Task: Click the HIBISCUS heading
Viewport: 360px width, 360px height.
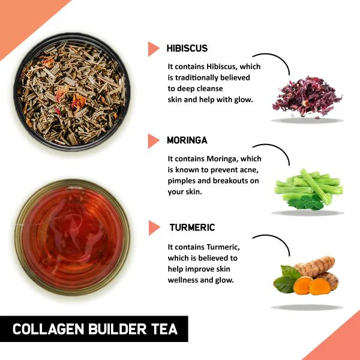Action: click(187, 48)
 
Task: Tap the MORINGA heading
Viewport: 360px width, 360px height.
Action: click(187, 140)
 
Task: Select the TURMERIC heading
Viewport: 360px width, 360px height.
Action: click(192, 228)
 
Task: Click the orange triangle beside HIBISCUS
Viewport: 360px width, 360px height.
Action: click(153, 49)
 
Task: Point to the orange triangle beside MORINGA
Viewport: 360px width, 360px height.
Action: click(153, 140)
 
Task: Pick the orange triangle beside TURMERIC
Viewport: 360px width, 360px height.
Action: click(154, 228)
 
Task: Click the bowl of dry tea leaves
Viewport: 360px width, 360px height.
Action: click(72, 90)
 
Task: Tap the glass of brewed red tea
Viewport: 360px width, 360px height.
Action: click(72, 239)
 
